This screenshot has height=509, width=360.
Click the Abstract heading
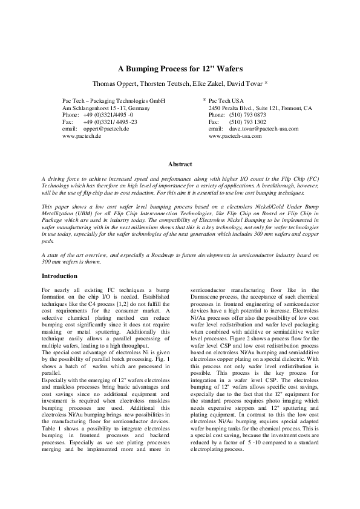click(x=180, y=164)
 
